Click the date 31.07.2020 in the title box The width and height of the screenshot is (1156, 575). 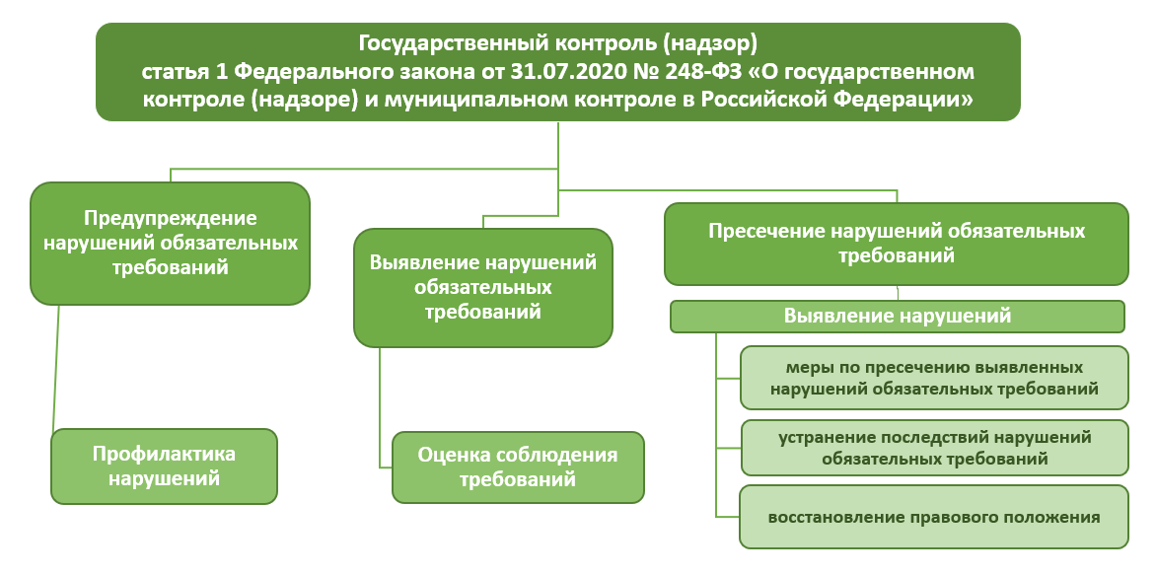tap(552, 72)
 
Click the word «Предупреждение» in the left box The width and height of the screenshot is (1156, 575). tap(171, 219)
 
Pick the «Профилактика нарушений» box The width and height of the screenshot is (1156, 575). tap(164, 466)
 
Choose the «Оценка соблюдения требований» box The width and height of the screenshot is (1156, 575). tap(518, 467)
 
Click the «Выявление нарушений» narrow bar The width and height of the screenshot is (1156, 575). tap(898, 317)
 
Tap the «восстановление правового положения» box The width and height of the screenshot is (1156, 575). tap(934, 517)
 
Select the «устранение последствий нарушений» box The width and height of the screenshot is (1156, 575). tap(934, 448)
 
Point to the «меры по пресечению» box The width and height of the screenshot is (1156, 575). tap(934, 378)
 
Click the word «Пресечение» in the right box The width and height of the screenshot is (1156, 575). tap(767, 232)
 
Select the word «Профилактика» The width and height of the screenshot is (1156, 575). tap(164, 454)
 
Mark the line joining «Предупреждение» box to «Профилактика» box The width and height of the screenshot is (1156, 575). tap(56, 367)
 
